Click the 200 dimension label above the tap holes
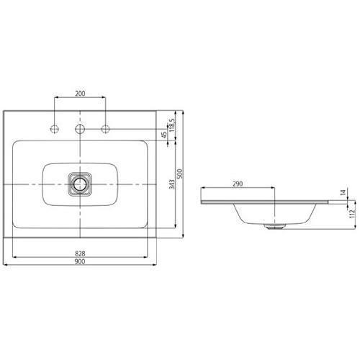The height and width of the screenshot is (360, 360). [80, 94]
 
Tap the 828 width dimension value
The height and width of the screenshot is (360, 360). [80, 253]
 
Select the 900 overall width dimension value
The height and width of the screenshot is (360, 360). [80, 261]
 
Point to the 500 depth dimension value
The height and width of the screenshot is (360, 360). [180, 174]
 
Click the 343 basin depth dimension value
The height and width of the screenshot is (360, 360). [172, 184]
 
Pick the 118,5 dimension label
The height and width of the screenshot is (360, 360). [172, 126]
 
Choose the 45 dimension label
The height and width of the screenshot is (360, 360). [164, 135]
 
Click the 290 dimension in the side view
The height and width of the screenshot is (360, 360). [238, 184]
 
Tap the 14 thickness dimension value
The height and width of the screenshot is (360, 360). [343, 192]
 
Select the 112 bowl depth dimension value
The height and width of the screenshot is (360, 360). [352, 214]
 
